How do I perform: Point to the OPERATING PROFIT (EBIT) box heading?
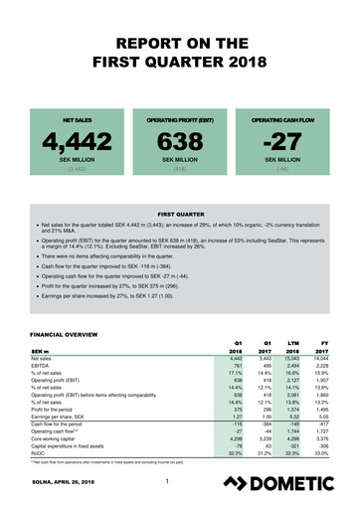(x=179, y=101)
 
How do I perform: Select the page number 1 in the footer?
(x=170, y=484)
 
